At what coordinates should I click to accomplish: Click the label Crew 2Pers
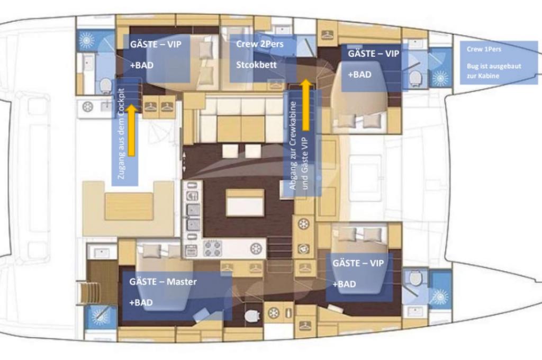click(259, 44)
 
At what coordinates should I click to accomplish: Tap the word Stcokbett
click(256, 65)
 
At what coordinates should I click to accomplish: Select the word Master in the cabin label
click(182, 282)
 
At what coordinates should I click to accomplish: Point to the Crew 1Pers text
click(484, 49)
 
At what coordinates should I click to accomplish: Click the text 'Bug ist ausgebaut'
click(494, 66)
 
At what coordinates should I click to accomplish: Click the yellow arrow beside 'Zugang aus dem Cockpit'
click(131, 130)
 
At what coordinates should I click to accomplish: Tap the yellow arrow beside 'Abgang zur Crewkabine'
click(305, 105)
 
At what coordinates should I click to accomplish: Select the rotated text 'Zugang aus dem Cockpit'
click(121, 134)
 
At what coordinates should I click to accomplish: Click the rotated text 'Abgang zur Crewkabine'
click(292, 145)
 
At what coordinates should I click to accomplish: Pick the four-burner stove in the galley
click(212, 249)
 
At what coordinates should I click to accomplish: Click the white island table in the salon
click(246, 203)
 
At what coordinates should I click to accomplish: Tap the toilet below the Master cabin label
click(252, 316)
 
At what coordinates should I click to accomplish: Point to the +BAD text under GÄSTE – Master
click(141, 303)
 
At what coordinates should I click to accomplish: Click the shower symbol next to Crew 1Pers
click(440, 78)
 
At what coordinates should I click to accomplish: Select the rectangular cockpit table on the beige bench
click(129, 206)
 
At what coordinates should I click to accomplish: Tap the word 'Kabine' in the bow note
click(491, 76)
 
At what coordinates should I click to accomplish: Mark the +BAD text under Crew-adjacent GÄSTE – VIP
click(359, 75)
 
